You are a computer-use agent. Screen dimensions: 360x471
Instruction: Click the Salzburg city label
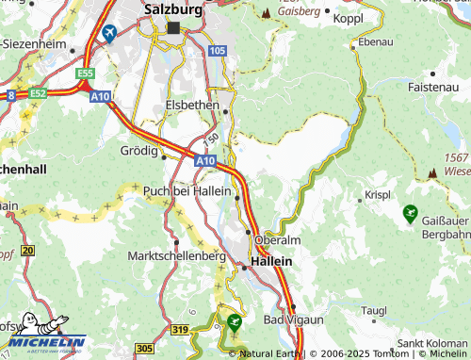[174, 8]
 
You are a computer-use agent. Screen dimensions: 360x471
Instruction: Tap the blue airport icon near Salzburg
[109, 34]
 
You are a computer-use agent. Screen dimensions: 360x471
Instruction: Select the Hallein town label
[270, 261]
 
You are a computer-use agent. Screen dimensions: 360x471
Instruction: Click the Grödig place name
[139, 149]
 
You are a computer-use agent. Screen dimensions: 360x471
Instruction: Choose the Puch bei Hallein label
[187, 191]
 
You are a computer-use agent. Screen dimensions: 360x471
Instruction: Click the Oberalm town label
[277, 239]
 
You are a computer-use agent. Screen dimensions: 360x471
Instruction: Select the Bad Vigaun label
[293, 320]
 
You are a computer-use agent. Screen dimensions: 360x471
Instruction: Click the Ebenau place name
[376, 42]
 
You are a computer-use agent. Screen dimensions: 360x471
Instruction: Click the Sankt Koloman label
[433, 344]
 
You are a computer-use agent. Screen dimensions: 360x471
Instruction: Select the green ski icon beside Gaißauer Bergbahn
[410, 214]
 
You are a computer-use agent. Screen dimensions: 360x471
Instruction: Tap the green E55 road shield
[87, 73]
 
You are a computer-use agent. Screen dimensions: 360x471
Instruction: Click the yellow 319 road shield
[183, 329]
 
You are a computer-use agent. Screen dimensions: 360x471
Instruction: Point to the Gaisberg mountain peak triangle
[267, 13]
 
